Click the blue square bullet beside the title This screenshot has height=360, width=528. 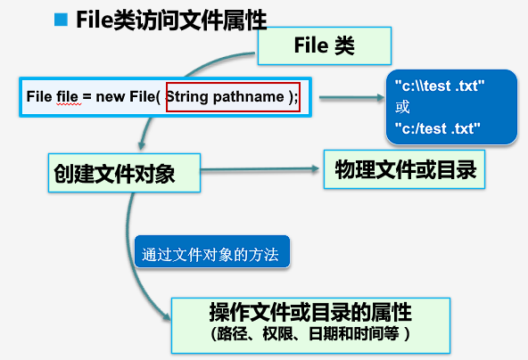(x=61, y=19)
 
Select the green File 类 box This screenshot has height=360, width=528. (x=325, y=45)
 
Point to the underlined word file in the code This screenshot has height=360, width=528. (x=68, y=96)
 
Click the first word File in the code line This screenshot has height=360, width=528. (x=39, y=96)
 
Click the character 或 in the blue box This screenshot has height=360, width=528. (x=403, y=108)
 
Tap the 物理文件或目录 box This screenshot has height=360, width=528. (x=404, y=168)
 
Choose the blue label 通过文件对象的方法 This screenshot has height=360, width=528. (x=210, y=254)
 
